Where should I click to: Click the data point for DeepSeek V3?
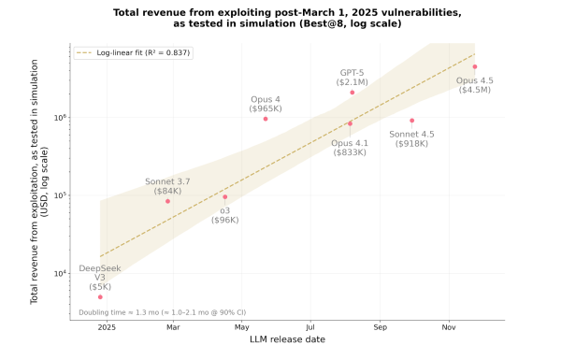[x=100, y=296]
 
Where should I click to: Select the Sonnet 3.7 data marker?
[x=167, y=201]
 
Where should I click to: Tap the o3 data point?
[x=224, y=196]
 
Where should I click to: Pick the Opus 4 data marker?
[x=266, y=119]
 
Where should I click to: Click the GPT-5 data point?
[x=352, y=93]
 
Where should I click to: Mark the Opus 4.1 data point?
[x=350, y=123]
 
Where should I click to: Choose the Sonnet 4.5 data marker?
[x=411, y=121]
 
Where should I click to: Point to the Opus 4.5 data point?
[x=475, y=66]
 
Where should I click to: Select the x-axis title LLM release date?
[x=287, y=338]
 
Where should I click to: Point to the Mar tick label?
[x=173, y=327]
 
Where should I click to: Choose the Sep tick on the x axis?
[x=380, y=327]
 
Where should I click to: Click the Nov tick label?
[x=449, y=327]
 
